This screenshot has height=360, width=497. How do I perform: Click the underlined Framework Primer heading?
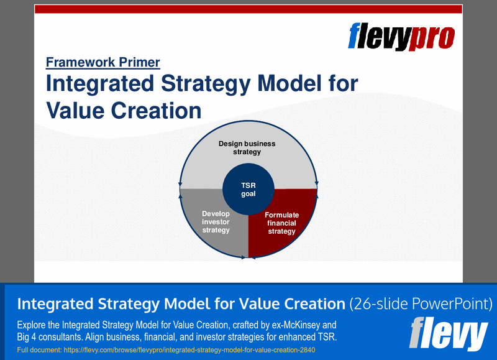(x=103, y=62)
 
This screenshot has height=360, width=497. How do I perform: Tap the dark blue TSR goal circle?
(x=248, y=189)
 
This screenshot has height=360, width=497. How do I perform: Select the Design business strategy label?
(x=247, y=147)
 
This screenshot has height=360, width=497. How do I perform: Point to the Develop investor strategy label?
(x=216, y=222)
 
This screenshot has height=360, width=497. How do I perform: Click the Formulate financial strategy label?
(x=281, y=223)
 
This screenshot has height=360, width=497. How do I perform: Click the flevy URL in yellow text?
(x=166, y=350)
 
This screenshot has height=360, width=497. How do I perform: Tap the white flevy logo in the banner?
(x=449, y=334)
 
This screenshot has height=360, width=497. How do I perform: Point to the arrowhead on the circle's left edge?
(x=181, y=185)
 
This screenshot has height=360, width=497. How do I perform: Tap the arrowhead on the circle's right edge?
(x=317, y=183)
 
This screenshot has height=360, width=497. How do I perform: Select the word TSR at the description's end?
(x=327, y=338)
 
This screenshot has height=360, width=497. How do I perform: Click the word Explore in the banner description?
(x=32, y=325)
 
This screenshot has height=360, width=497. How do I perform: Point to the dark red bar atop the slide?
(x=248, y=9)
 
